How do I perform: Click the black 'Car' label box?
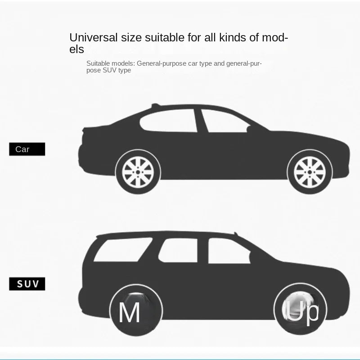pos(27,149)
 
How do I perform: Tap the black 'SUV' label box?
pos(27,284)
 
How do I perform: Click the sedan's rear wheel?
pos(138,172)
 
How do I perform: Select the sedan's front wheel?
pos(310,172)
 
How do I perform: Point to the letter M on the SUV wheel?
pos(129,312)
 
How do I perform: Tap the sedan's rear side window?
pos(168,121)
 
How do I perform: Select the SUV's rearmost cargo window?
pos(123,250)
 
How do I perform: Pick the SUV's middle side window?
pos(178,250)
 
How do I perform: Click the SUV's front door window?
pos(229,251)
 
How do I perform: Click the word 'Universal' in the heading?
pos(94,37)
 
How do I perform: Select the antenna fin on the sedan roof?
pos(156,105)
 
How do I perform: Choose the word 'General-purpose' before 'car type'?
pos(162,63)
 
